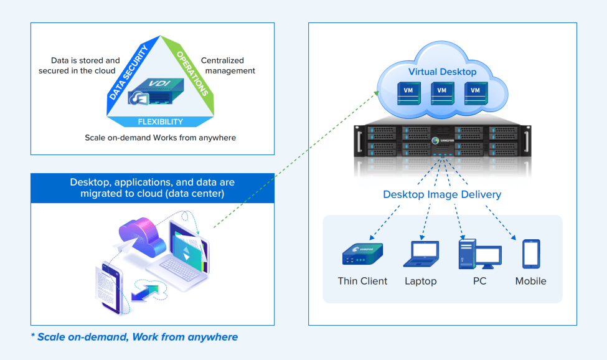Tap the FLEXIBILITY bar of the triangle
tap(161, 121)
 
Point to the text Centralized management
tap(228, 65)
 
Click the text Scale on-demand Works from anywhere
tap(160, 137)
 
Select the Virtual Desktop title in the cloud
tap(442, 72)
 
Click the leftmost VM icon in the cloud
tap(408, 92)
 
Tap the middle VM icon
tap(442, 92)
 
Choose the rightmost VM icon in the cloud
tap(476, 92)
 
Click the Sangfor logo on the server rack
tap(443, 141)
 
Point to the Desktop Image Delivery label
tap(442, 194)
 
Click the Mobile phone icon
tap(531, 253)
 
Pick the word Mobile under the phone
tap(530, 281)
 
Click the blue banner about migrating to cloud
tap(153, 188)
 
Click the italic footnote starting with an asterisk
tap(134, 337)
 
